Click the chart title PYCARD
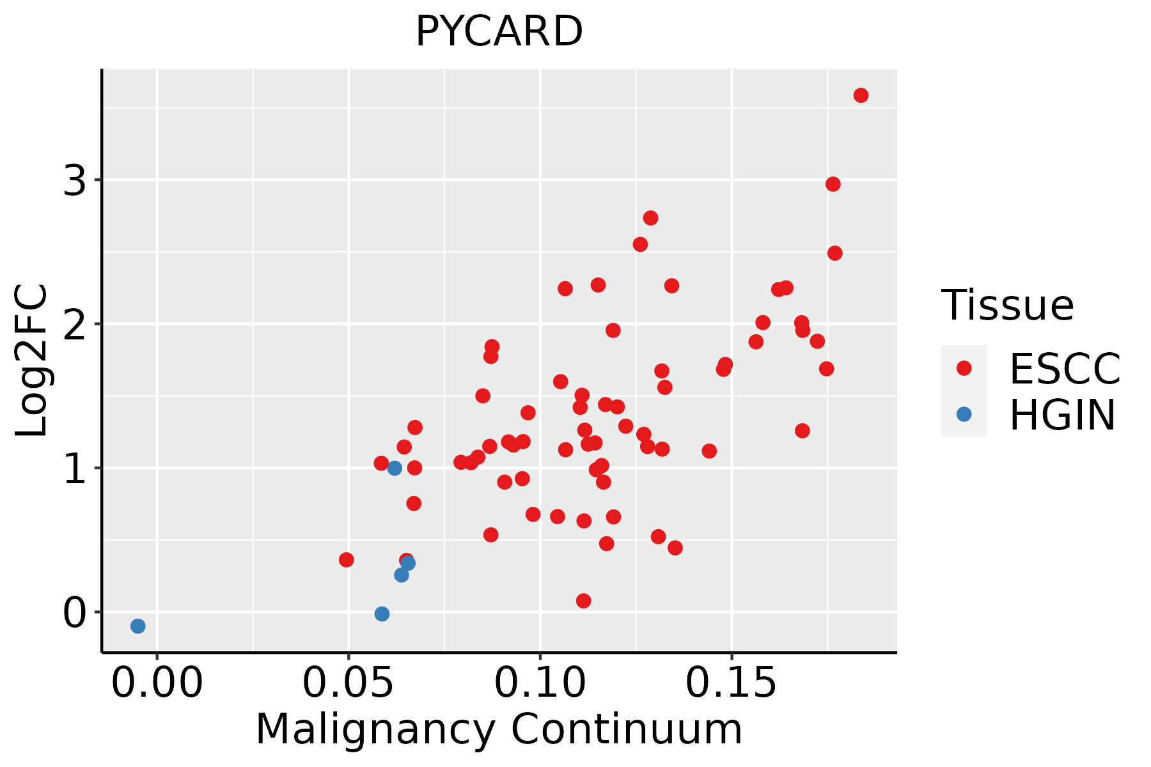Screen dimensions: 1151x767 coord(499,31)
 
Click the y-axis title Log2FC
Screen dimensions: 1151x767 coord(32,361)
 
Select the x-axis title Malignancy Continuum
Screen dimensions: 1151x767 coord(499,730)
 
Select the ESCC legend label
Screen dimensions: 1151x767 coord(1065,369)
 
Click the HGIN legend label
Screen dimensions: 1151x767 coord(1063,415)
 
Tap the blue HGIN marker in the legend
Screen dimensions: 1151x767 coord(964,414)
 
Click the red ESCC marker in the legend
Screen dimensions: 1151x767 coord(964,368)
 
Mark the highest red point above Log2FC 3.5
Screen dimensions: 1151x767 coord(861,95)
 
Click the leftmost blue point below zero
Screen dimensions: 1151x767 coord(137,626)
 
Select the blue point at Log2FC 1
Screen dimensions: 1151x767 coord(395,468)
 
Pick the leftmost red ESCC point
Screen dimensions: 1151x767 coord(346,560)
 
